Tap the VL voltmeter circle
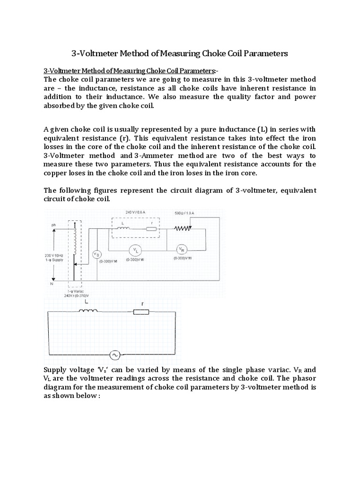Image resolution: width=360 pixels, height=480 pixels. (x=134, y=249)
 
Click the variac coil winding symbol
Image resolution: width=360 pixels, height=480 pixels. (x=74, y=244)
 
